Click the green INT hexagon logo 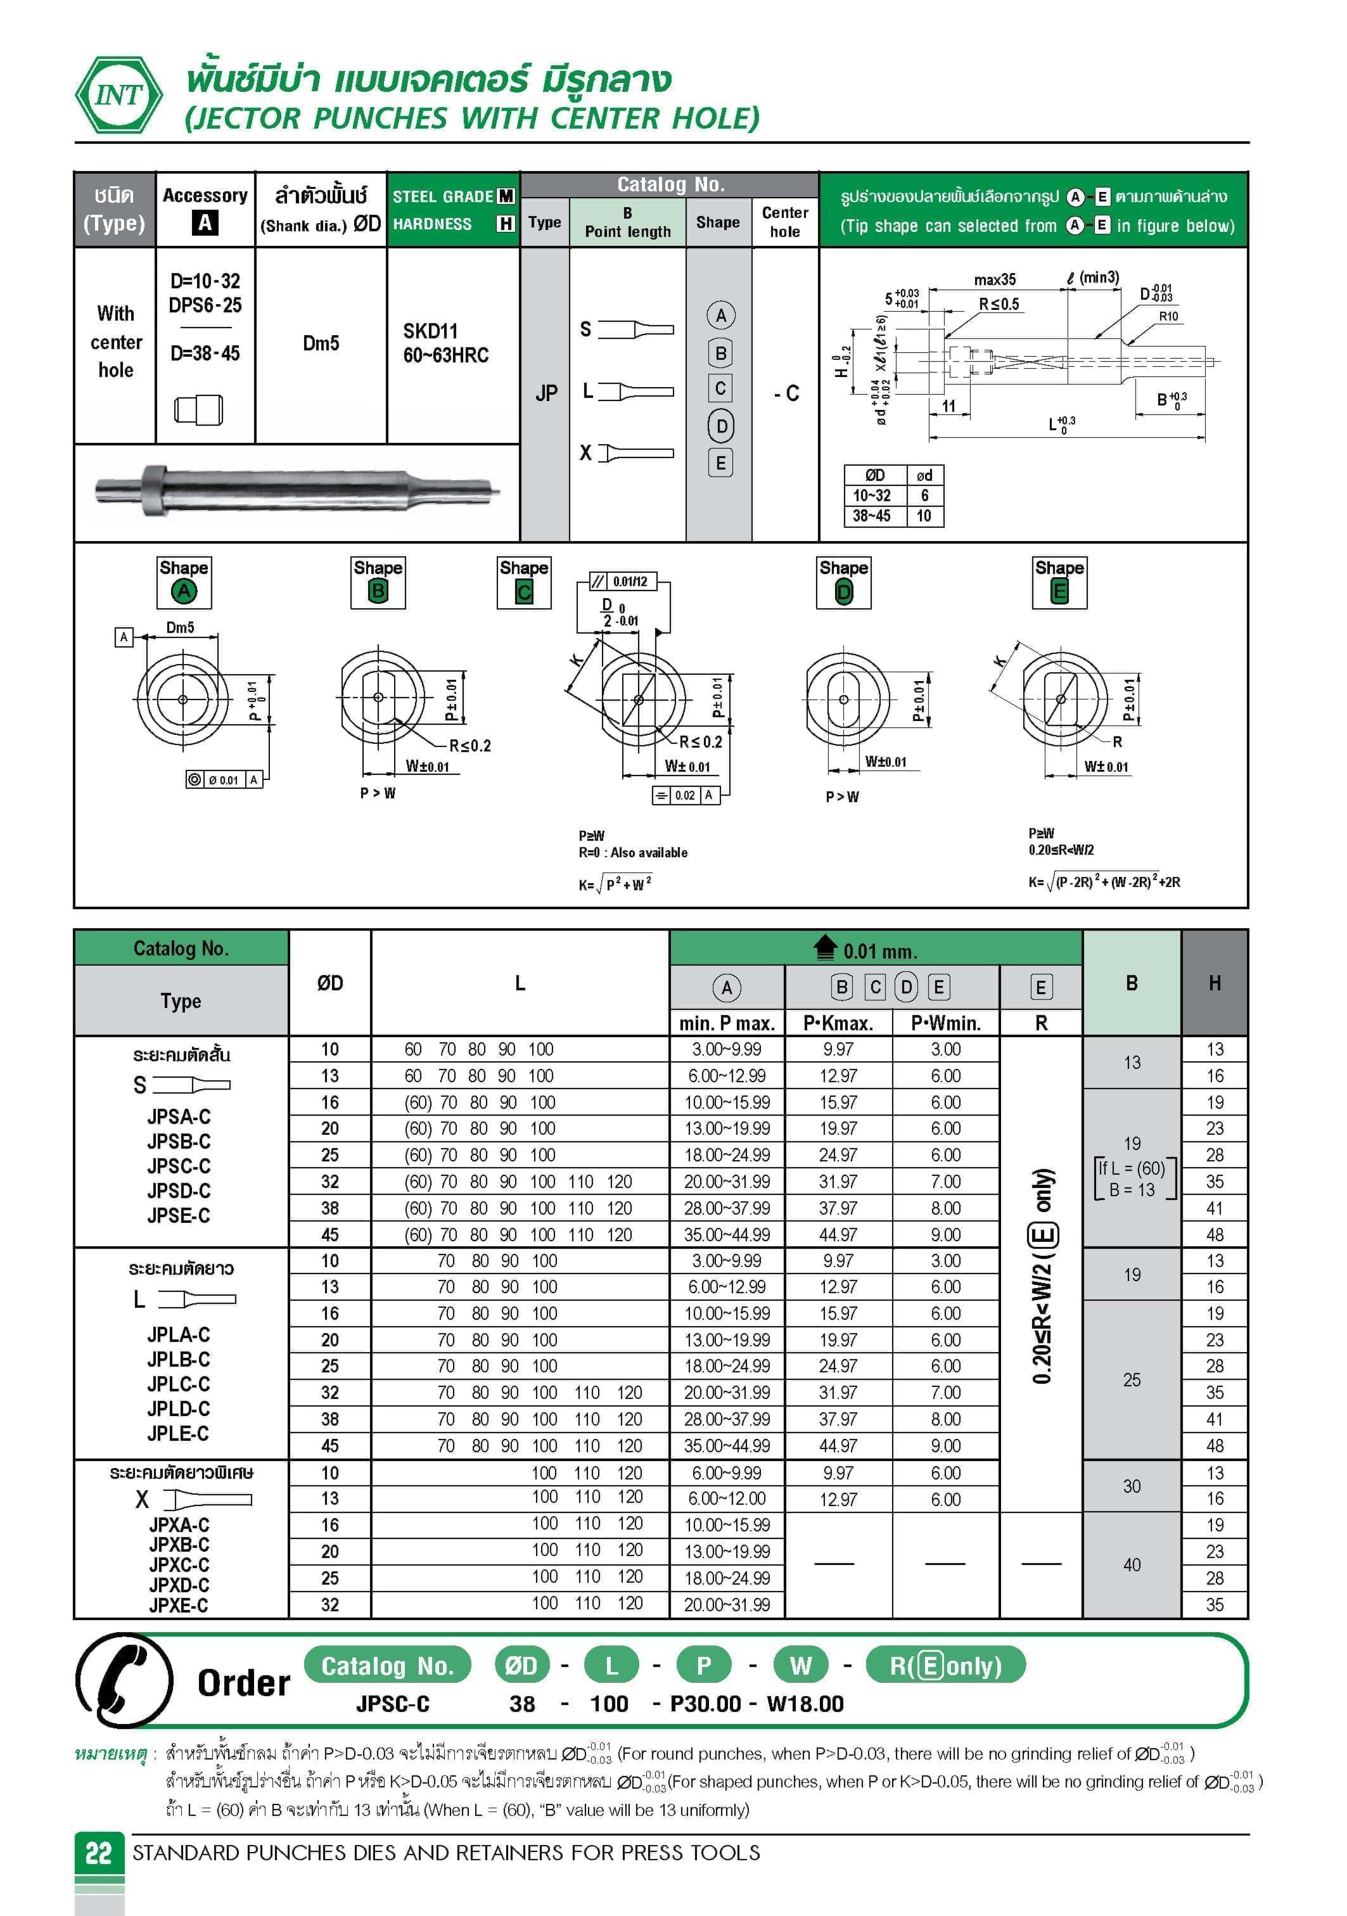(x=118, y=95)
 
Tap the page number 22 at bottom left (x=98, y=1853)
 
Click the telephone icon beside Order (x=124, y=1680)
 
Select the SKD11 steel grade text (x=430, y=331)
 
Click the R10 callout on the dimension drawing (x=1168, y=316)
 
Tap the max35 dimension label (x=995, y=279)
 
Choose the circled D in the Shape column (x=721, y=426)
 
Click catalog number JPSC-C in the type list (x=179, y=1166)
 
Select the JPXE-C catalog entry (x=179, y=1605)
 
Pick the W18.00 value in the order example (x=805, y=1703)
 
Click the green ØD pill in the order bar (x=521, y=1666)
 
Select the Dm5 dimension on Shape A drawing (x=181, y=627)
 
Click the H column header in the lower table (x=1215, y=983)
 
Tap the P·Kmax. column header (x=838, y=1023)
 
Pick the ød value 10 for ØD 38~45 (x=924, y=516)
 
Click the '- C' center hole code (x=786, y=393)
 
